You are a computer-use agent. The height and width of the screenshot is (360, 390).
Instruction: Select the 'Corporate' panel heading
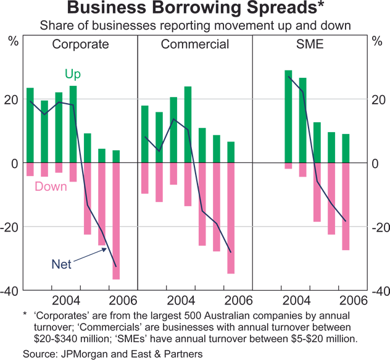point(80,44)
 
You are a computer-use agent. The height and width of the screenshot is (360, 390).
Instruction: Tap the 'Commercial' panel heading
point(195,44)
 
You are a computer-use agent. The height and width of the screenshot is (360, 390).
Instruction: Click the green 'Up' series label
point(73,75)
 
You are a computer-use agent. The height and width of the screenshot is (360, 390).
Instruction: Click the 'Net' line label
point(61,264)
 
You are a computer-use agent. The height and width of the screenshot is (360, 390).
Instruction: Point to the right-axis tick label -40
point(380,291)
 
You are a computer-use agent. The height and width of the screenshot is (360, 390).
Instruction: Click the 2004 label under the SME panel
point(298,300)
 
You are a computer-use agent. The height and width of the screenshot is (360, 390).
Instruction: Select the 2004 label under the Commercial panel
point(182,300)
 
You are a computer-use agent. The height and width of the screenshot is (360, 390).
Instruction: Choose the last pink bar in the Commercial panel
point(231,218)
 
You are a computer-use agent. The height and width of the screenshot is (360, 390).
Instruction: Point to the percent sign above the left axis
point(13,42)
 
